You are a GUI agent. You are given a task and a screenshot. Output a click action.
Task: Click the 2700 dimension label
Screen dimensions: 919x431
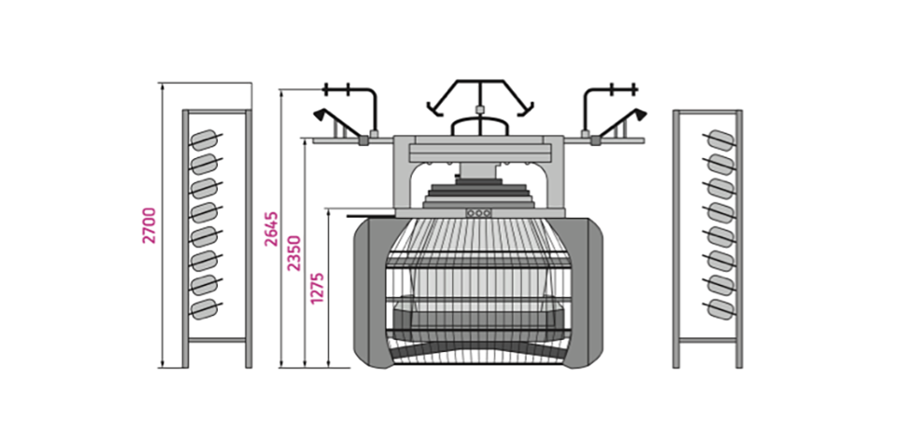click(150, 225)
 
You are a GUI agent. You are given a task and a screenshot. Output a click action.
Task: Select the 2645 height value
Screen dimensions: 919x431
click(271, 229)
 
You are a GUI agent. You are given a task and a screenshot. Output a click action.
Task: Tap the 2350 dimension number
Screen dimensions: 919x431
click(294, 253)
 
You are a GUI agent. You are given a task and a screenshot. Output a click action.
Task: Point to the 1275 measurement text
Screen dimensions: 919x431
click(317, 287)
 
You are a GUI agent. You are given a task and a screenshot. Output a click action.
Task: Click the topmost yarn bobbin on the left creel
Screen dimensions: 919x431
click(204, 141)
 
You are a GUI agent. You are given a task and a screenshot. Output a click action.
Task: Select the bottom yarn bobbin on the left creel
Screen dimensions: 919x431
click(204, 309)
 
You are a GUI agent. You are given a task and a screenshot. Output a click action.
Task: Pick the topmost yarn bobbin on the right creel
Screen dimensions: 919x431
click(720, 141)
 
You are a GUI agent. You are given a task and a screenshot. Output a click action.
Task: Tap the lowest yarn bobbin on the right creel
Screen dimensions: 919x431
click(720, 309)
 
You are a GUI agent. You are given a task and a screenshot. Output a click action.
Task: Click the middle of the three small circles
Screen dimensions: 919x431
click(478, 213)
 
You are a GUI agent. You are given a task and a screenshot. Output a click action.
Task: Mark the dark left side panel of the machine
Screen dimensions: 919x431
click(369, 292)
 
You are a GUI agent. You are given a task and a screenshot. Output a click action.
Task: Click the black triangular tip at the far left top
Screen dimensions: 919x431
click(320, 114)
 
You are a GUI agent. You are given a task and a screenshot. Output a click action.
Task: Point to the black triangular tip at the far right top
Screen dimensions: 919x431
click(641, 114)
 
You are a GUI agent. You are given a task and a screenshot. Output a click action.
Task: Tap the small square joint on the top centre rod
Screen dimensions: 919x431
click(480, 109)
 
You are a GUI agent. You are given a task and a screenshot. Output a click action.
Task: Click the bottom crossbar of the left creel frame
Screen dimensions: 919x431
click(217, 340)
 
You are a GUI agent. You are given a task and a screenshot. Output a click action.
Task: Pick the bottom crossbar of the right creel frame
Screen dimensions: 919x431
click(708, 340)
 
